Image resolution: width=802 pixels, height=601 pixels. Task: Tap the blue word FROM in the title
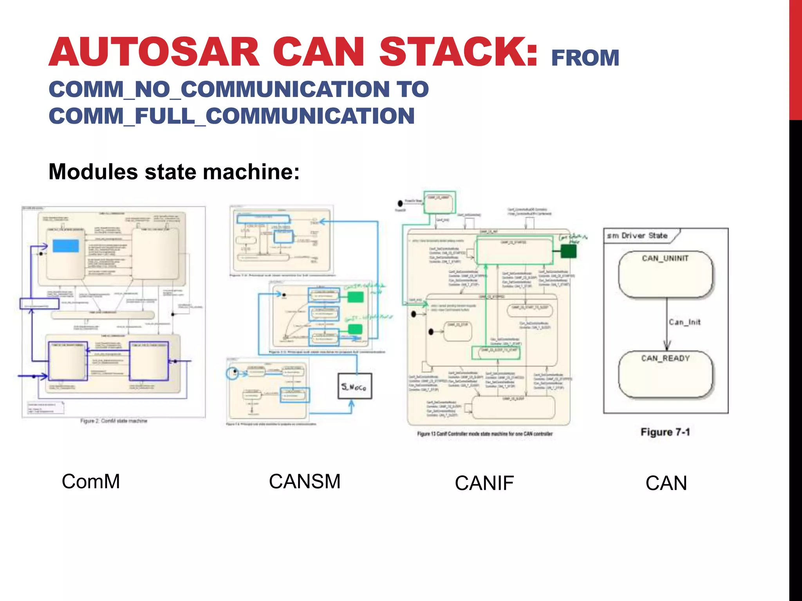click(x=585, y=58)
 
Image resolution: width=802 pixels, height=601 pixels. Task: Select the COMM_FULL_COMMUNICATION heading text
click(x=231, y=116)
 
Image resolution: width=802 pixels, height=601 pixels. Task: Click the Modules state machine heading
click(x=174, y=172)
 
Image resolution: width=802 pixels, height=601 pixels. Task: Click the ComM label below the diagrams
click(x=91, y=481)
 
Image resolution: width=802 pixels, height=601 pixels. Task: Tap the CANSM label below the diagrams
click(x=305, y=481)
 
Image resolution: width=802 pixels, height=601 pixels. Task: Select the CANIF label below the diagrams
click(x=484, y=483)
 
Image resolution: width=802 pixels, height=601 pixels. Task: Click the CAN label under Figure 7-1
click(x=666, y=483)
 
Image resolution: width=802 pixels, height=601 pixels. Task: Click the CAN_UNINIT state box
click(x=666, y=274)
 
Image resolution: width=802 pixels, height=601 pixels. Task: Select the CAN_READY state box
click(x=666, y=374)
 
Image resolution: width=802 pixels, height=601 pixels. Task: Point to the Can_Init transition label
click(x=685, y=322)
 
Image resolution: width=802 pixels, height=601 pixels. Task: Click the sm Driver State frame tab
click(x=638, y=236)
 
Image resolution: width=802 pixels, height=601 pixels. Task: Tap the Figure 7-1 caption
click(x=665, y=432)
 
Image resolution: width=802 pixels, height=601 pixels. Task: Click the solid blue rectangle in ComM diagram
click(x=66, y=246)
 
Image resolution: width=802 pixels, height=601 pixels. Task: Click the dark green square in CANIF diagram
click(x=568, y=251)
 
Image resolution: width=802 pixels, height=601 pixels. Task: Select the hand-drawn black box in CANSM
click(x=355, y=387)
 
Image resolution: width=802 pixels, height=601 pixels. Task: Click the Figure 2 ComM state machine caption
click(x=114, y=421)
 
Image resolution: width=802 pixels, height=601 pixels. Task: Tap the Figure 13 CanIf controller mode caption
click(x=485, y=434)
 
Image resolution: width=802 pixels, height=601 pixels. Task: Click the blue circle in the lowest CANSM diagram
click(x=233, y=373)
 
